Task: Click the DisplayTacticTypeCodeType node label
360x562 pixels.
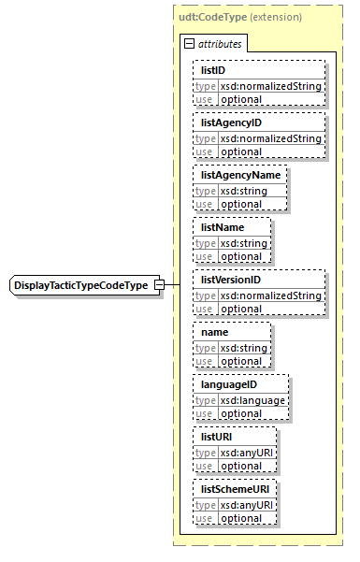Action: (80, 284)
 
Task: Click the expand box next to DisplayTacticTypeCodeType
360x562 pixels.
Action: (159, 284)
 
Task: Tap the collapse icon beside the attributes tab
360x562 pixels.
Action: (189, 43)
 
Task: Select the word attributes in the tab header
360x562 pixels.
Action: (219, 43)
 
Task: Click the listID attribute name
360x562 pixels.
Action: (213, 70)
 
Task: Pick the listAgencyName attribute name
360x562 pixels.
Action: (240, 175)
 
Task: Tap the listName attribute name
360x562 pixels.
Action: (223, 227)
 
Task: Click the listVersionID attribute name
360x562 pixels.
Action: (231, 280)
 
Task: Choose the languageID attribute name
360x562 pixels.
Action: (226, 384)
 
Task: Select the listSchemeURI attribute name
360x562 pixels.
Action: (234, 489)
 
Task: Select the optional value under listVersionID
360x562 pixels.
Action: (241, 309)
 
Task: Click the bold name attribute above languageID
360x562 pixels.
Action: (215, 332)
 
